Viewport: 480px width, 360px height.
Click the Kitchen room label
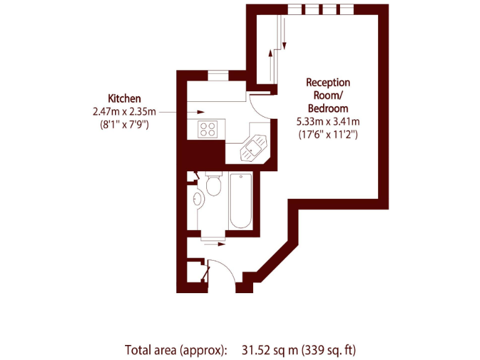tap(124, 98)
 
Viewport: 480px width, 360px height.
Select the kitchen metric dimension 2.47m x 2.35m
tap(122, 111)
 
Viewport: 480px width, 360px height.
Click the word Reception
tap(327, 82)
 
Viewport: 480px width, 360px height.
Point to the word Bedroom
tap(327, 108)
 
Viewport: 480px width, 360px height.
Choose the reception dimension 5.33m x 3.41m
tap(327, 121)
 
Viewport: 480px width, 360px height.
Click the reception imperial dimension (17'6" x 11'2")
tap(327, 134)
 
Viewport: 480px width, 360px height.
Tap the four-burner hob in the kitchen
tap(207, 129)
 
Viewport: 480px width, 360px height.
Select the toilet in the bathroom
tap(214, 184)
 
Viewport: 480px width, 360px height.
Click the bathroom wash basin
tap(198, 199)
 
